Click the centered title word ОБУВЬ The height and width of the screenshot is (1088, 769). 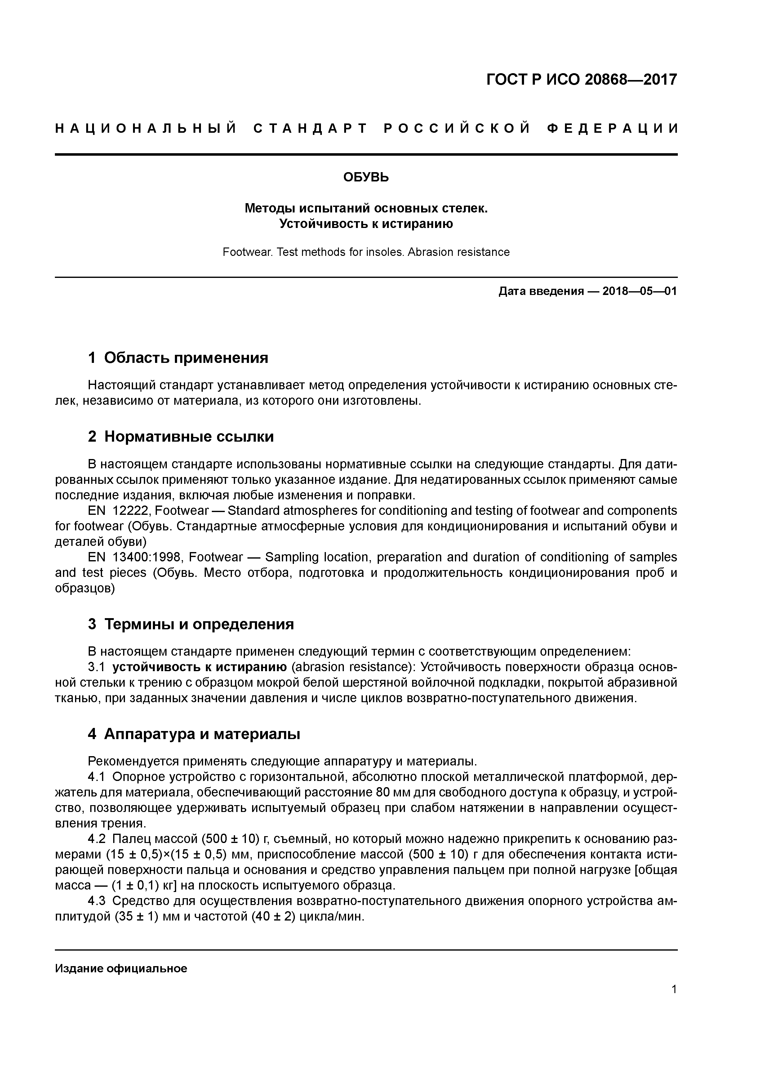pos(366,177)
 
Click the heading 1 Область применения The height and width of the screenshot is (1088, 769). pos(178,358)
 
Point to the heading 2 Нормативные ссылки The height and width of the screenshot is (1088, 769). pos(181,436)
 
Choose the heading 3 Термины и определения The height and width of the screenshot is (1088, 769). pos(191,624)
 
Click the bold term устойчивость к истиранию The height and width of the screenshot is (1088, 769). pos(199,667)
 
